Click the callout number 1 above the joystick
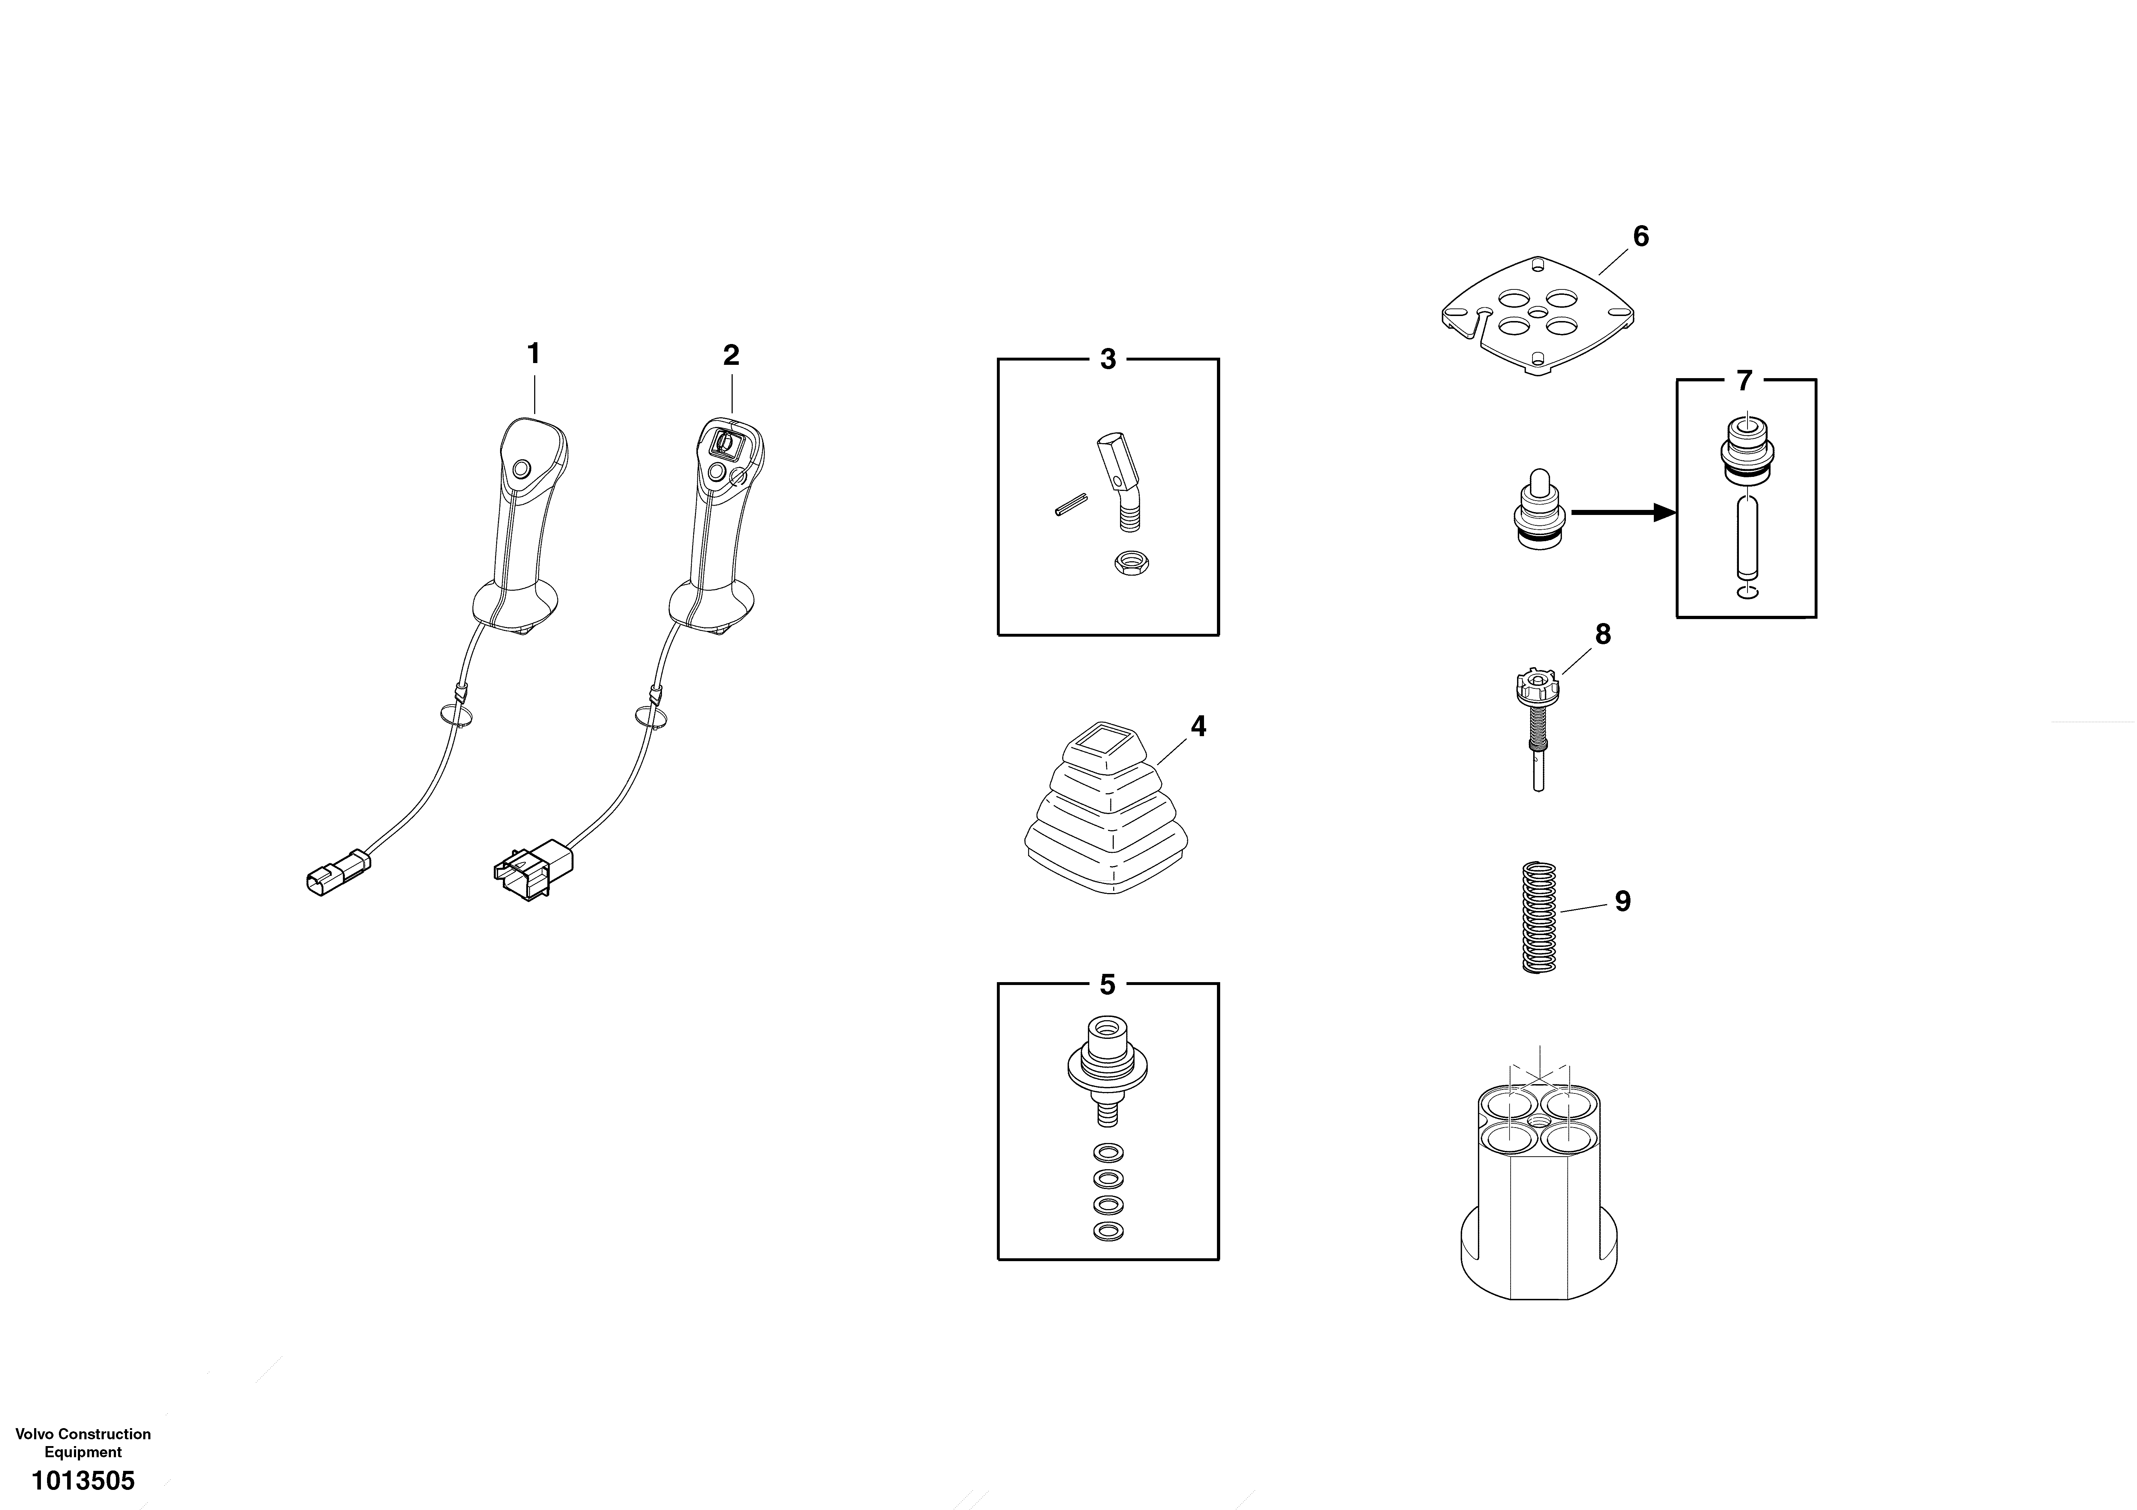[x=533, y=354]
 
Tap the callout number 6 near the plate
[x=1640, y=237]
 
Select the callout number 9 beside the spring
[x=1622, y=901]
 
